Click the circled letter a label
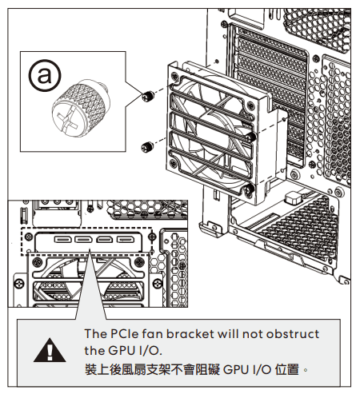(x=45, y=75)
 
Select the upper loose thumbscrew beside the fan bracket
(x=148, y=96)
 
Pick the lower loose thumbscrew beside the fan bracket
(x=147, y=146)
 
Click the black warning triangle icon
(x=50, y=350)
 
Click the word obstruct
(x=293, y=334)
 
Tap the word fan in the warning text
(x=152, y=334)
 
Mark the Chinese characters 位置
(x=287, y=369)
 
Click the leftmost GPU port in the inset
(x=63, y=240)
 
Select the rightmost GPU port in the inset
(x=125, y=240)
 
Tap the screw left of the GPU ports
(x=29, y=237)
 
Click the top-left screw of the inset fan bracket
(x=37, y=262)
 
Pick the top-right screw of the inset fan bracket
(x=139, y=262)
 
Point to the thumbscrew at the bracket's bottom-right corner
(x=250, y=189)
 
